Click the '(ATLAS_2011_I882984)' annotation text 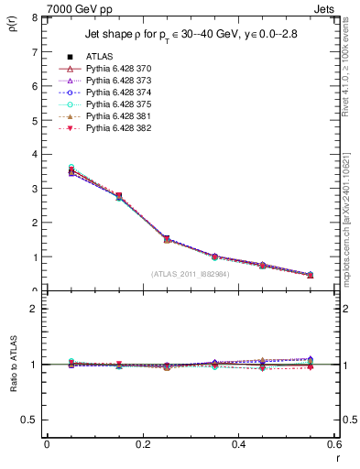[x=191, y=274]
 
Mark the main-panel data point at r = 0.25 [x=141, y=239]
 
